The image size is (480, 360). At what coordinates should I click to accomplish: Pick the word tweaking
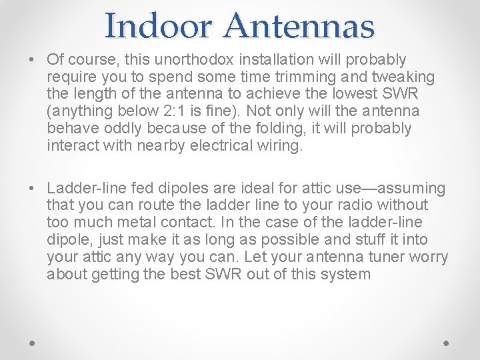tap(403, 77)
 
